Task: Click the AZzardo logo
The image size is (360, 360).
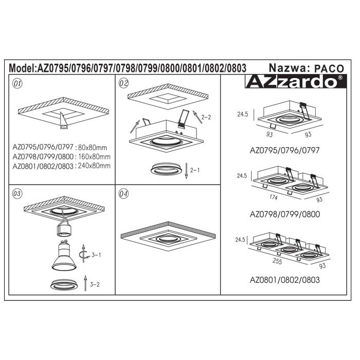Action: (296, 81)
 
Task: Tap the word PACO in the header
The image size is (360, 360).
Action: (329, 68)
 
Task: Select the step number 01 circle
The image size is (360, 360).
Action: (17, 83)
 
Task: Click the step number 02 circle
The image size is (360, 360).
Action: (123, 83)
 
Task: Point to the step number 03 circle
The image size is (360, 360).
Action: (17, 193)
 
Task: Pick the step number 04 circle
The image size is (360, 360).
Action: (123, 194)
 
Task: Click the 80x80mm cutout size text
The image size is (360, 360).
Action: (93, 148)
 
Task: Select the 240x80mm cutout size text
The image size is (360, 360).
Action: (94, 166)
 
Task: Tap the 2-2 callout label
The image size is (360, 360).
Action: (206, 117)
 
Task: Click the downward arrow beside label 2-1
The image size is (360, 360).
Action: (186, 171)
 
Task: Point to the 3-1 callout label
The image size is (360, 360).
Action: (96, 255)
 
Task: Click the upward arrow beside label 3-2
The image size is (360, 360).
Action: (85, 283)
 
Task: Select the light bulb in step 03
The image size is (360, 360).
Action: (64, 255)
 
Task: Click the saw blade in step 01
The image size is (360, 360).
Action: (64, 120)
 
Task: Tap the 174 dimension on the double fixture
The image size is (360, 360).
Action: (274, 197)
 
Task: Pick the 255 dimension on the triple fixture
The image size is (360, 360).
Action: (277, 261)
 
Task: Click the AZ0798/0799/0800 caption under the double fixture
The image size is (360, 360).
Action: (285, 214)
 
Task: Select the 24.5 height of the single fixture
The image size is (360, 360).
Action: (243, 114)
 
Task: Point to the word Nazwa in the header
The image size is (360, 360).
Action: (287, 68)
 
